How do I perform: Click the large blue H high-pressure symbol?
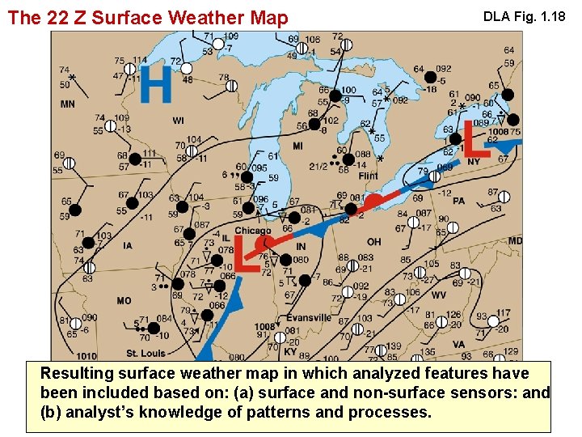pyautogui.click(x=156, y=84)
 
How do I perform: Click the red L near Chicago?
pyautogui.click(x=240, y=253)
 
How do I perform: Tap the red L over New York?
pyautogui.click(x=470, y=135)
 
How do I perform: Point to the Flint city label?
pyautogui.click(x=367, y=176)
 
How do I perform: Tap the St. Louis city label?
pyautogui.click(x=145, y=353)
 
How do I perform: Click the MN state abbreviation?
pyautogui.click(x=68, y=104)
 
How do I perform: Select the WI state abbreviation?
pyautogui.click(x=178, y=121)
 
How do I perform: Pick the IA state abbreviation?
pyautogui.click(x=128, y=245)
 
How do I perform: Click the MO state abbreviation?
pyautogui.click(x=124, y=300)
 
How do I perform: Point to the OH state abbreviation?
pyautogui.click(x=373, y=242)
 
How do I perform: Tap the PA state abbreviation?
pyautogui.click(x=458, y=200)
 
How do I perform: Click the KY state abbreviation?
pyautogui.click(x=289, y=351)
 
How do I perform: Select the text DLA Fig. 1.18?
pyautogui.click(x=523, y=16)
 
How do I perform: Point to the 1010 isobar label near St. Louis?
pyautogui.click(x=86, y=356)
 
